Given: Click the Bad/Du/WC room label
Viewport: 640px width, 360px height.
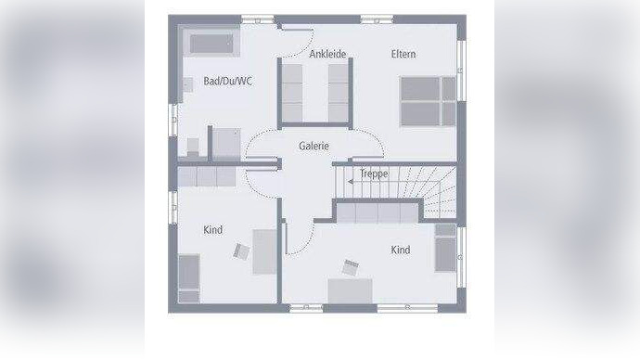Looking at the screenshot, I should pos(227,82).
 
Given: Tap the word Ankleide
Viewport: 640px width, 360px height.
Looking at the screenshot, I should pos(327,54).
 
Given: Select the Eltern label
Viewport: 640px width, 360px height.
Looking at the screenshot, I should pos(403,54).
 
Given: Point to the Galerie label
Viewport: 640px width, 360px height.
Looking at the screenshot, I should pos(314,146).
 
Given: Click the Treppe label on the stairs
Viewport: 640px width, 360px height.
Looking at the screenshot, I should pos(374,173).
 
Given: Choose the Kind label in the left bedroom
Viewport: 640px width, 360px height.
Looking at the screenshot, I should pos(213,230).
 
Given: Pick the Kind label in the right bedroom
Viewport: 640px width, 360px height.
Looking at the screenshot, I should pos(400,250).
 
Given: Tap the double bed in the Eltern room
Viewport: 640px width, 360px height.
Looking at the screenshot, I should pos(427,101).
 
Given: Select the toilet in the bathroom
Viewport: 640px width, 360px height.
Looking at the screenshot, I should pos(193,147).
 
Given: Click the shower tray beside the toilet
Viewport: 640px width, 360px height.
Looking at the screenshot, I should pos(225,143).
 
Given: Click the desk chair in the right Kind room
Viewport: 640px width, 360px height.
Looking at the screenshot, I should pos(351,267).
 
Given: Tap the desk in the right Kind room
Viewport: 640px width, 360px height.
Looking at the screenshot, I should pos(350,290).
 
